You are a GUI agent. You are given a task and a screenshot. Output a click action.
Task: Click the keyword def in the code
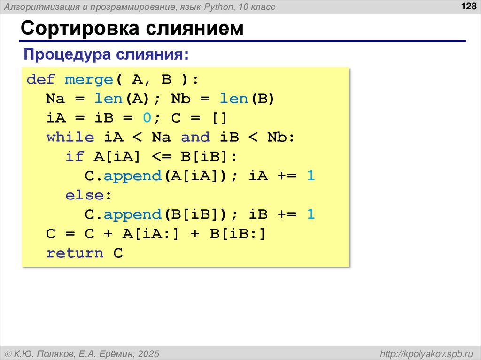[x=41, y=79]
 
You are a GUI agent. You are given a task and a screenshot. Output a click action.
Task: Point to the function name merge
[x=88, y=79]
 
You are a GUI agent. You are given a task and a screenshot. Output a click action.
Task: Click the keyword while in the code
[x=70, y=137]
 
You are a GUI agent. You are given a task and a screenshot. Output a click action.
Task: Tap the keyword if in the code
[x=75, y=156]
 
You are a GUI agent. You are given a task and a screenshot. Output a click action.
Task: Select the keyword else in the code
[x=85, y=195]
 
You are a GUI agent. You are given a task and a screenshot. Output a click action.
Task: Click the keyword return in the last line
[x=75, y=253]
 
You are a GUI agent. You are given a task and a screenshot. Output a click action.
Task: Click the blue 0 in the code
[x=147, y=118]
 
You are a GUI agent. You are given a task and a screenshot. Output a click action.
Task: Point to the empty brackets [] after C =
[x=219, y=118]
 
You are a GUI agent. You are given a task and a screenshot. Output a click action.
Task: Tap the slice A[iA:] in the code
[x=152, y=234]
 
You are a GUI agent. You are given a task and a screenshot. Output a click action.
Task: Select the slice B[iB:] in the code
[x=238, y=234]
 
